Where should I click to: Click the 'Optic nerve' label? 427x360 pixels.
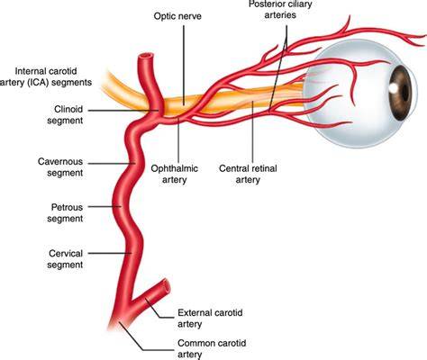(177, 16)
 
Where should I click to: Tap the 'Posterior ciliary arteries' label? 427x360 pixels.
(280, 9)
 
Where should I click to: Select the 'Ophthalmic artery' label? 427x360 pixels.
(175, 174)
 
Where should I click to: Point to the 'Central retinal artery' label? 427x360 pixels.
(248, 174)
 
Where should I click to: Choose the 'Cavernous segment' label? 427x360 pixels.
(60, 167)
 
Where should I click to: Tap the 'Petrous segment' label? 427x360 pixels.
(65, 212)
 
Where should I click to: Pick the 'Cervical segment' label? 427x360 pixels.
(65, 259)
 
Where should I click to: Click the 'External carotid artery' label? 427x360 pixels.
(210, 319)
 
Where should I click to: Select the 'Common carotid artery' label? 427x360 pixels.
(212, 348)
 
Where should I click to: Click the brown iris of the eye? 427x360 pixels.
(400, 93)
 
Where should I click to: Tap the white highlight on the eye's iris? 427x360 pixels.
(393, 87)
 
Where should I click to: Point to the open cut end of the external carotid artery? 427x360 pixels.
(166, 286)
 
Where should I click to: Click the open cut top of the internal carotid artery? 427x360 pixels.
(146, 56)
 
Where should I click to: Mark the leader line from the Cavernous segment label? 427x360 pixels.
(112, 164)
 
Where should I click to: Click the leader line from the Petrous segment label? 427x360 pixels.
(104, 206)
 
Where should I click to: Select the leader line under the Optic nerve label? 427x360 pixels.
(184, 65)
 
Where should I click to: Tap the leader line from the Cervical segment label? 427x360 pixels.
(109, 253)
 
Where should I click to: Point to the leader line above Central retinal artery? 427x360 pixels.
(252, 132)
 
